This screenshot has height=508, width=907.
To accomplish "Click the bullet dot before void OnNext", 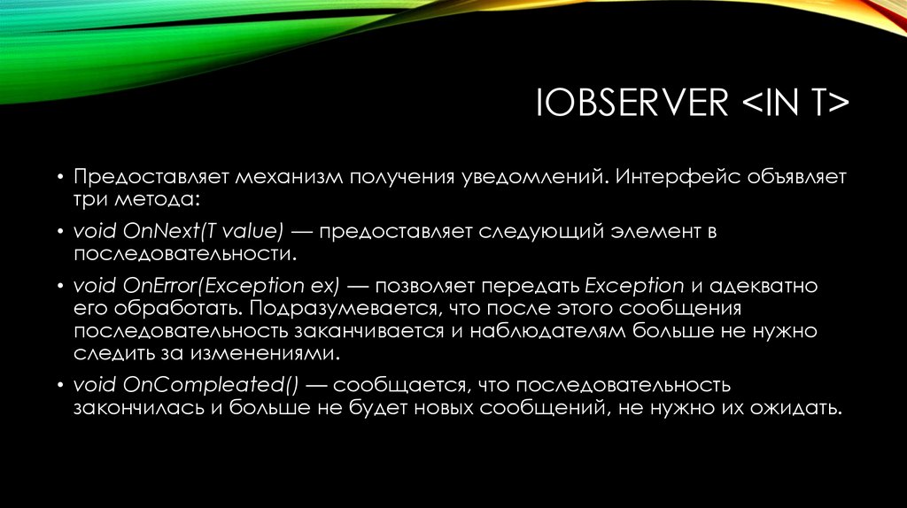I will pos(61,232).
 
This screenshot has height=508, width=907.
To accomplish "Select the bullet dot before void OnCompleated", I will pos(61,386).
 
